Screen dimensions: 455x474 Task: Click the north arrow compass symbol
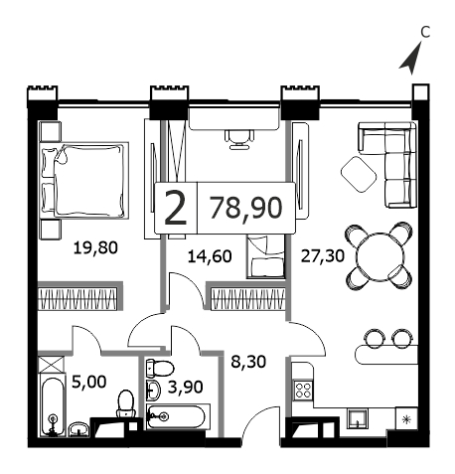click(x=411, y=60)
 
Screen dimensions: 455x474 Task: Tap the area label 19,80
click(x=95, y=247)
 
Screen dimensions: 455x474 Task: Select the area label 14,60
click(x=210, y=256)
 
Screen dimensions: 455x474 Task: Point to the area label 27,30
click(x=323, y=255)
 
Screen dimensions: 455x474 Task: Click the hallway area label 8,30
click(x=248, y=362)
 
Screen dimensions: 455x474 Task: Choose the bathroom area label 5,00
click(x=89, y=382)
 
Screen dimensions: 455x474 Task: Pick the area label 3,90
click(x=186, y=387)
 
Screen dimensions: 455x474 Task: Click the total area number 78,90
click(x=246, y=208)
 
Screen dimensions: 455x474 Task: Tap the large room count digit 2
click(x=176, y=209)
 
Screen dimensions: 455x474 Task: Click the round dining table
click(x=380, y=256)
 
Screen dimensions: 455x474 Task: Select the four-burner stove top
click(x=303, y=390)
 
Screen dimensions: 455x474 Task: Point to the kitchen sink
click(x=358, y=417)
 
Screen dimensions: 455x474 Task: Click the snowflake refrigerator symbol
click(x=406, y=419)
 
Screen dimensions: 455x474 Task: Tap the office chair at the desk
click(x=239, y=139)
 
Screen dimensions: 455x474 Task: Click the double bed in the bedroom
click(x=83, y=180)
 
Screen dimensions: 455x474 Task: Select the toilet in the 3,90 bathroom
click(x=160, y=368)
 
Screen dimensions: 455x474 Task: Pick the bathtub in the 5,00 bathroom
click(x=53, y=405)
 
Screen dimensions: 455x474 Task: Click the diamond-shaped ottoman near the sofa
click(x=359, y=174)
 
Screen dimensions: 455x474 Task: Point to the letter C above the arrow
click(x=425, y=32)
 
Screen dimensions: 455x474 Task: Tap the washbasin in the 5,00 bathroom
click(x=79, y=429)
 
